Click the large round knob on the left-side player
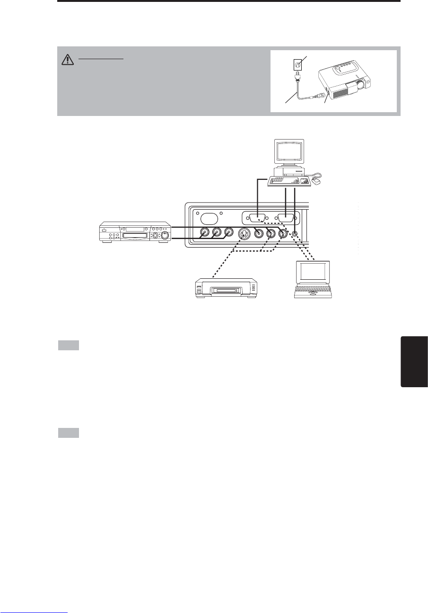(x=166, y=234)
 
